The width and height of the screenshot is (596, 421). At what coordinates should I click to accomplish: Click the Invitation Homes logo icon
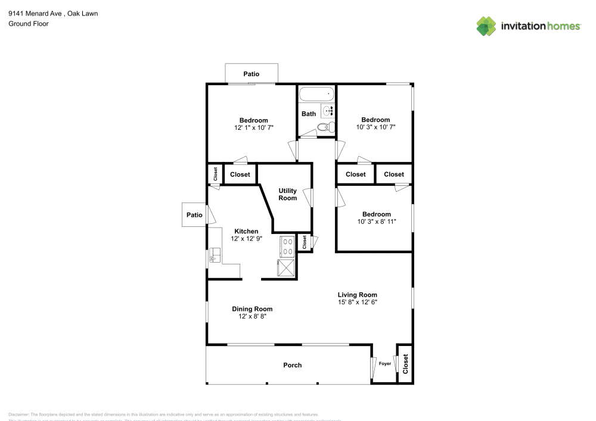(x=486, y=26)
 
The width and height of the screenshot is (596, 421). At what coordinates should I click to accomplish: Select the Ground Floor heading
(x=29, y=24)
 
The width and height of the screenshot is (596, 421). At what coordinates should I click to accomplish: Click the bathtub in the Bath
(x=316, y=94)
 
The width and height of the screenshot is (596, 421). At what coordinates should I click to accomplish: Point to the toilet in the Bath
(x=324, y=127)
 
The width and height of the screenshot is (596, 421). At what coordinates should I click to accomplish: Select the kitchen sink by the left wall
(x=214, y=256)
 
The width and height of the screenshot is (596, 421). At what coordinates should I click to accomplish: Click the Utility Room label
(x=288, y=195)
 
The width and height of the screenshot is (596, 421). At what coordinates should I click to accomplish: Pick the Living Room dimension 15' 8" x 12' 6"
(x=357, y=303)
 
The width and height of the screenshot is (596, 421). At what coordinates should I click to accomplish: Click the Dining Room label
(x=252, y=308)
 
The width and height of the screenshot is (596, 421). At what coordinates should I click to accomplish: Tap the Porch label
(x=292, y=365)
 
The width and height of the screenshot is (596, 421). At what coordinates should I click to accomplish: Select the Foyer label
(x=385, y=363)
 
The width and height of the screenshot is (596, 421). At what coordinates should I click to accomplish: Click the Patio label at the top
(x=251, y=74)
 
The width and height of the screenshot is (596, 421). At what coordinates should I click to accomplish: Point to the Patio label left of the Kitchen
(x=194, y=215)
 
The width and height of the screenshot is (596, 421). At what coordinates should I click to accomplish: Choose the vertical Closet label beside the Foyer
(x=405, y=363)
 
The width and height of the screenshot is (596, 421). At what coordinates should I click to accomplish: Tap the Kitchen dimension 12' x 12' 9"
(x=246, y=239)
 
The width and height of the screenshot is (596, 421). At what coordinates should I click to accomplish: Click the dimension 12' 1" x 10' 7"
(x=253, y=127)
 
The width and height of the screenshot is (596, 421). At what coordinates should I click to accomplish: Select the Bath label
(x=308, y=114)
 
